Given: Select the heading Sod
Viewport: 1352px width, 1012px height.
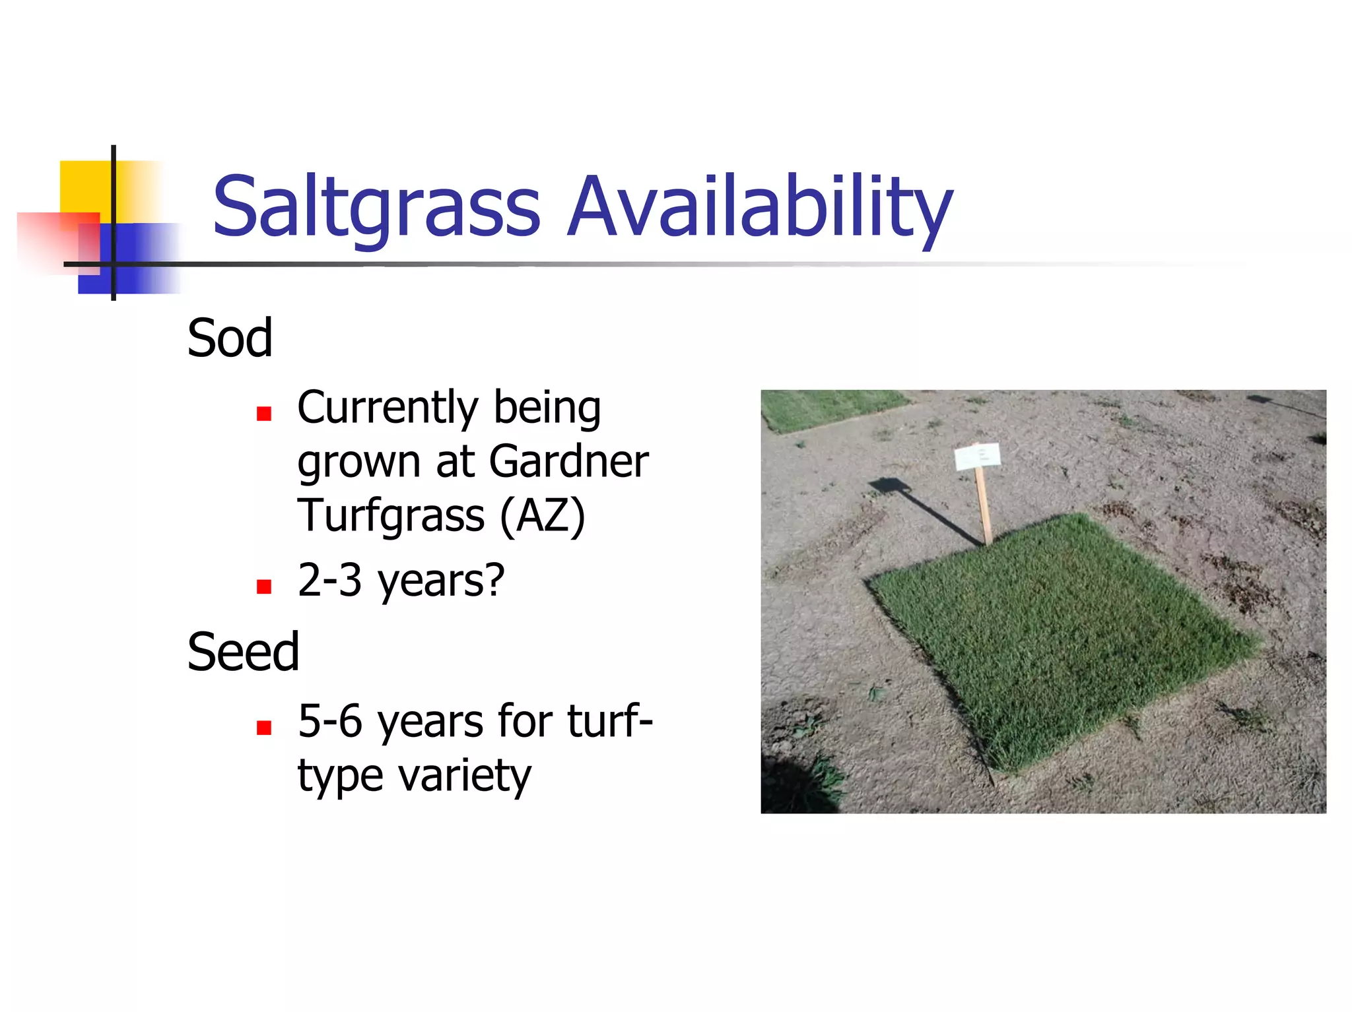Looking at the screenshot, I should (230, 338).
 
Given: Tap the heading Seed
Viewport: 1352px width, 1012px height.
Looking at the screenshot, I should (243, 652).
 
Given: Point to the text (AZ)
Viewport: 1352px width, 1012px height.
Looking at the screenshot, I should (542, 515).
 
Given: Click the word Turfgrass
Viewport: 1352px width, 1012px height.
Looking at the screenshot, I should (391, 515).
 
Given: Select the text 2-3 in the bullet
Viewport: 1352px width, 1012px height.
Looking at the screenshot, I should (329, 580).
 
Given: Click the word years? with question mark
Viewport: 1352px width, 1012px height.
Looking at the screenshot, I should (440, 581).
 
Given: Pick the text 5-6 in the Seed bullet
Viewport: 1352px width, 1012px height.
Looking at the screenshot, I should (329, 720).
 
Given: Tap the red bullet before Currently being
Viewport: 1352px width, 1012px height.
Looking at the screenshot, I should (264, 414).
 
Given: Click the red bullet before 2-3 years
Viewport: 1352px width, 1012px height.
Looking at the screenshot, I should (264, 587).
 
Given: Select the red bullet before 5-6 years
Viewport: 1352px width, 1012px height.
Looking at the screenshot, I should (264, 728).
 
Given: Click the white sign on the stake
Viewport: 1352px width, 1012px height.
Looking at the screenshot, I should (977, 456).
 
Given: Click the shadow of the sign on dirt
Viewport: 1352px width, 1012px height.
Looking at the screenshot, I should (924, 508).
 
